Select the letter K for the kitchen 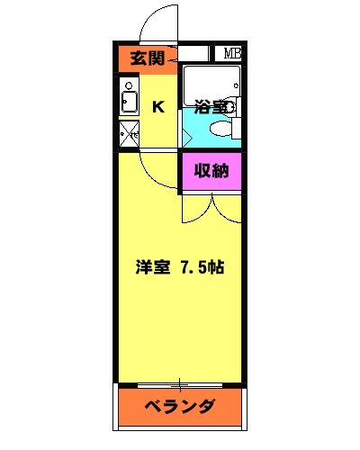pos(157,107)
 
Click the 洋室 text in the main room pos(152,268)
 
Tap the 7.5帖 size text pos(204,268)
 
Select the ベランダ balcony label pos(180,405)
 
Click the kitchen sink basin pos(129,101)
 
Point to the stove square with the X pos(129,134)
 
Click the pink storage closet pos(211,173)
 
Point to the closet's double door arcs pos(211,207)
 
